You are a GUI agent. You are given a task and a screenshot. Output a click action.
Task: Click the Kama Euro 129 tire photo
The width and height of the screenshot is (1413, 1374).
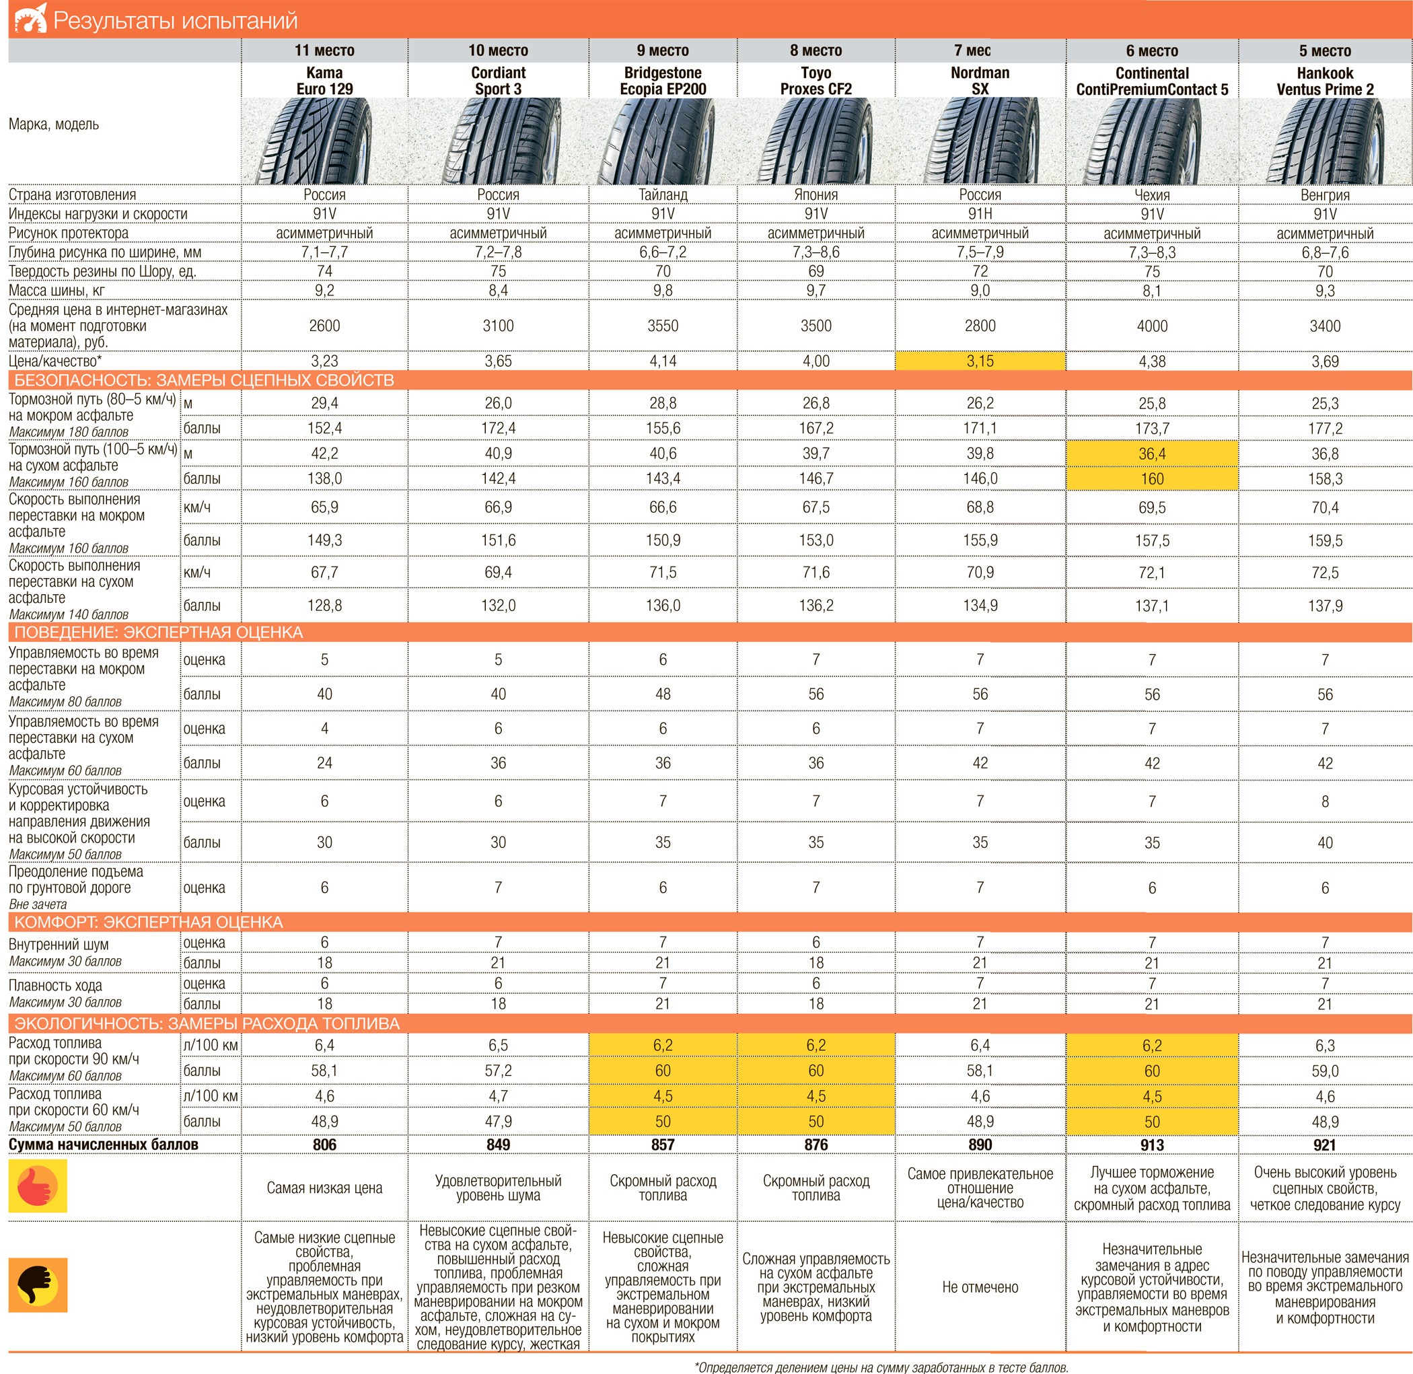(324, 141)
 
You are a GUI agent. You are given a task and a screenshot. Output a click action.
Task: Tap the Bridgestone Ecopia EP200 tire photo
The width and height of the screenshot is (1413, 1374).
(663, 141)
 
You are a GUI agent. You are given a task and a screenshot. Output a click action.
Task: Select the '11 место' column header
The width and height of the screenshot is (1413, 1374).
(324, 50)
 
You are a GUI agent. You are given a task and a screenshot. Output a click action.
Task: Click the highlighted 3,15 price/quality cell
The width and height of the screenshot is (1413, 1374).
(980, 361)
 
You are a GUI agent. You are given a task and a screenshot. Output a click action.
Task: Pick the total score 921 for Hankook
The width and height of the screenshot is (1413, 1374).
(1325, 1145)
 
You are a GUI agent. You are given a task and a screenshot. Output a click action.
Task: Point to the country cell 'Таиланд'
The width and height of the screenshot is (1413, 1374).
(663, 195)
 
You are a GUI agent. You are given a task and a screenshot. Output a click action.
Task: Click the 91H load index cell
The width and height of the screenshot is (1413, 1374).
(980, 213)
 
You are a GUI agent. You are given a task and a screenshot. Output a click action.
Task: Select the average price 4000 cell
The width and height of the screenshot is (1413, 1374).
(1152, 326)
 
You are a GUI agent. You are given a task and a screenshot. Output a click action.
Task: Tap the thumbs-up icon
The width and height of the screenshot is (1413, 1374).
(38, 1186)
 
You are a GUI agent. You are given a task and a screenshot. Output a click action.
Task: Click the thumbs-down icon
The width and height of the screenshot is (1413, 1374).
(38, 1285)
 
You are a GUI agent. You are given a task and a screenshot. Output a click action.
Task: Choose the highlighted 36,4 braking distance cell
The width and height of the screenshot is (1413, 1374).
(1152, 454)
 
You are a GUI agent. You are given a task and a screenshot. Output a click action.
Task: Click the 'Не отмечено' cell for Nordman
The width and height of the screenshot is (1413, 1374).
(980, 1287)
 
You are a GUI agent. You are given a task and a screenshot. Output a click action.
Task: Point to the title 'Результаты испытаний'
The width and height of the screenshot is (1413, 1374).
(176, 21)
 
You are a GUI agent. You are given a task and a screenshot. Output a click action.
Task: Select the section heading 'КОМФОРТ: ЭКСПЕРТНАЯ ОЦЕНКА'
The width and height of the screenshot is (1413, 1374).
(149, 923)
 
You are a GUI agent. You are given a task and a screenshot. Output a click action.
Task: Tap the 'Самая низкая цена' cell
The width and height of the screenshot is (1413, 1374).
(324, 1188)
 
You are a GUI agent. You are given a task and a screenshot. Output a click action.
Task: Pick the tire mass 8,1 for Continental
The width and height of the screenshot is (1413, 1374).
(1152, 291)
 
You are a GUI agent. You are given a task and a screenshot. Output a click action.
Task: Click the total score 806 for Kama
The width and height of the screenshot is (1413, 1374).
(324, 1145)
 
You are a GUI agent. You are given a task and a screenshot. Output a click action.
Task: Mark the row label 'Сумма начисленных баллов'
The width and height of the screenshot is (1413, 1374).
(103, 1145)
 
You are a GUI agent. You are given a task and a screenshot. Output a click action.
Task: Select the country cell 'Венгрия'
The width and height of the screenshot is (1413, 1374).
(1325, 195)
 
